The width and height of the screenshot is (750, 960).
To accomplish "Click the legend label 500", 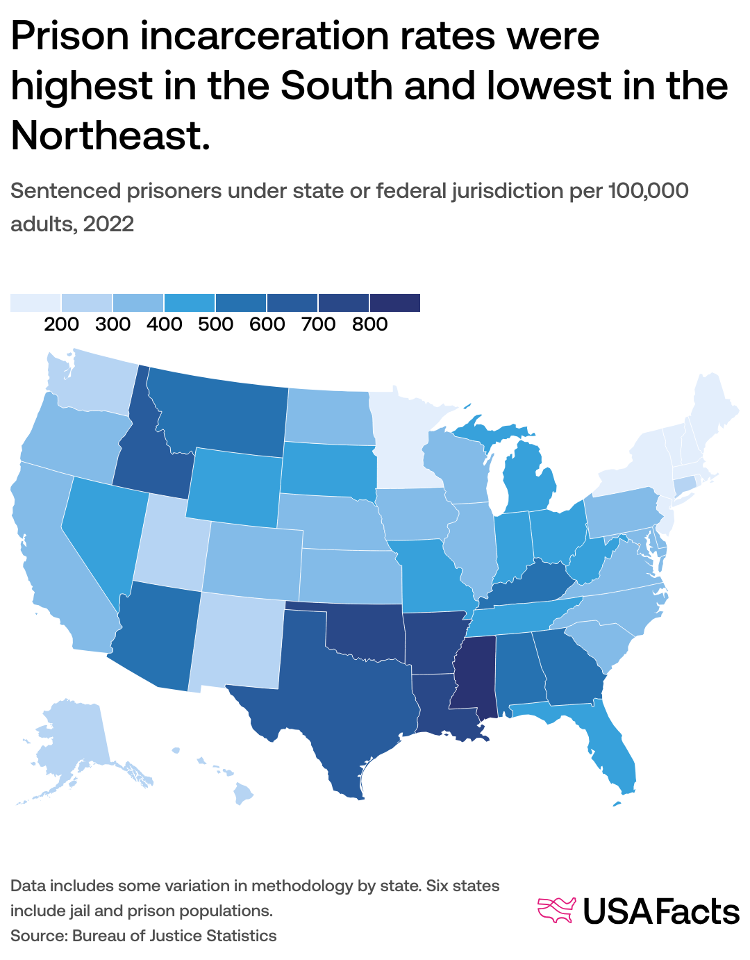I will pyautogui.click(x=215, y=324).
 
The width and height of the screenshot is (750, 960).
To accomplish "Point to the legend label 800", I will pyautogui.click(x=369, y=324).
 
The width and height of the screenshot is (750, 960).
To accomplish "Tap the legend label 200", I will pyautogui.click(x=61, y=324).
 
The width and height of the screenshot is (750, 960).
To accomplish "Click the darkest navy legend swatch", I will pyautogui.click(x=395, y=302).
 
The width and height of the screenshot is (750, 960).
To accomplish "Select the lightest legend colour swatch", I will pyautogui.click(x=35, y=302).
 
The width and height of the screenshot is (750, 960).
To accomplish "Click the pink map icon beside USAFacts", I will pyautogui.click(x=557, y=910).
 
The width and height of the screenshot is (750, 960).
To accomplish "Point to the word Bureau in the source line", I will pyautogui.click(x=97, y=936).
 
